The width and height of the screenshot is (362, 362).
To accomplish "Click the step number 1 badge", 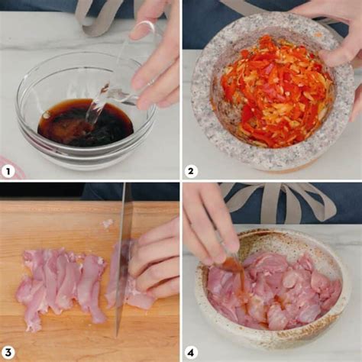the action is click(8, 171).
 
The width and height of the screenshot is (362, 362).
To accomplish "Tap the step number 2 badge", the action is click(191, 171).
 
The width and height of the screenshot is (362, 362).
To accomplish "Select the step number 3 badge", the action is click(8, 353).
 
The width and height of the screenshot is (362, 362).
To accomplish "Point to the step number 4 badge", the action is click(191, 353).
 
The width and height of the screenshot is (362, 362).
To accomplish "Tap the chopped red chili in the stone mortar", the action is click(275, 92).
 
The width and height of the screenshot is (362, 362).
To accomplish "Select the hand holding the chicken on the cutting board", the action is click(154, 262).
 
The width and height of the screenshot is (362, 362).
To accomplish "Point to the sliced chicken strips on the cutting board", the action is click(61, 285).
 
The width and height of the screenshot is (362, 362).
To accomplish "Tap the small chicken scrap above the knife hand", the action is click(108, 223).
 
